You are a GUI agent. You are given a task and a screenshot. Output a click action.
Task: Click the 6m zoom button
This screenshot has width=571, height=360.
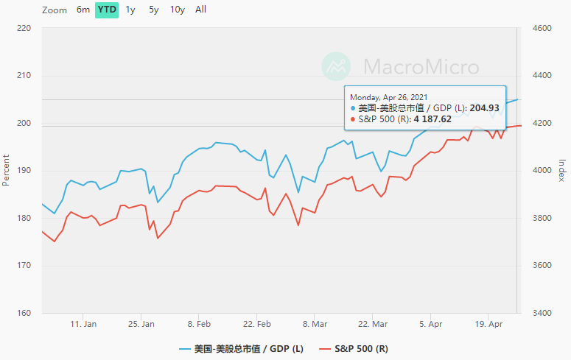click(83, 10)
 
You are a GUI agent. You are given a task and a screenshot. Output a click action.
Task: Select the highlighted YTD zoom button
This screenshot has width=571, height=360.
click(107, 10)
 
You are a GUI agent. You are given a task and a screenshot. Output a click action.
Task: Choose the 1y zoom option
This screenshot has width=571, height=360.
click(130, 10)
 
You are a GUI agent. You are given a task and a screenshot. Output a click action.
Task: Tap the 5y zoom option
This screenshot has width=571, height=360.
click(153, 10)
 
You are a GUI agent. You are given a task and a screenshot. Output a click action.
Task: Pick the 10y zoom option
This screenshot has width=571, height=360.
click(177, 10)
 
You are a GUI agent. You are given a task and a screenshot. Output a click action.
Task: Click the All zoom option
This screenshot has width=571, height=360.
click(201, 10)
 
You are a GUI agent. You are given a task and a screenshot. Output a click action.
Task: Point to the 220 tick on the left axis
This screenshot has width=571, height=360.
click(24, 29)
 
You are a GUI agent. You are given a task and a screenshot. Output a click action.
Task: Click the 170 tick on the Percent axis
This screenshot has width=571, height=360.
click(24, 266)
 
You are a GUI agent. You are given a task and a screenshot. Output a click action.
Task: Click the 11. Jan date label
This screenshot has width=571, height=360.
click(83, 324)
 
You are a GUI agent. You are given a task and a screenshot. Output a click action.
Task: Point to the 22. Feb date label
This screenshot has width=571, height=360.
click(257, 324)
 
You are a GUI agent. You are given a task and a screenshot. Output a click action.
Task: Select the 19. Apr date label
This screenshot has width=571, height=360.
click(489, 324)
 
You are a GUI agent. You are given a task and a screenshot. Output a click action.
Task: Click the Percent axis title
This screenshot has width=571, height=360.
click(7, 169)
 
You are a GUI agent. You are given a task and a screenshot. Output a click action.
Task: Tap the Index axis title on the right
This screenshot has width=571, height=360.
click(562, 170)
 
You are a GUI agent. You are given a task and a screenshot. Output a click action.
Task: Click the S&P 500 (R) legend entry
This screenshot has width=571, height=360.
click(354, 348)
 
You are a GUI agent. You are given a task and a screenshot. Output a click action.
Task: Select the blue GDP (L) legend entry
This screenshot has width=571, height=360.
click(241, 348)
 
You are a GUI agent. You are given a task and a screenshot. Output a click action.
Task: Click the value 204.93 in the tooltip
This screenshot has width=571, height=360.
click(484, 107)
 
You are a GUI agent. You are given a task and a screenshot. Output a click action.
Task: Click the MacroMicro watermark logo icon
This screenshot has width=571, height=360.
click(337, 67)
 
